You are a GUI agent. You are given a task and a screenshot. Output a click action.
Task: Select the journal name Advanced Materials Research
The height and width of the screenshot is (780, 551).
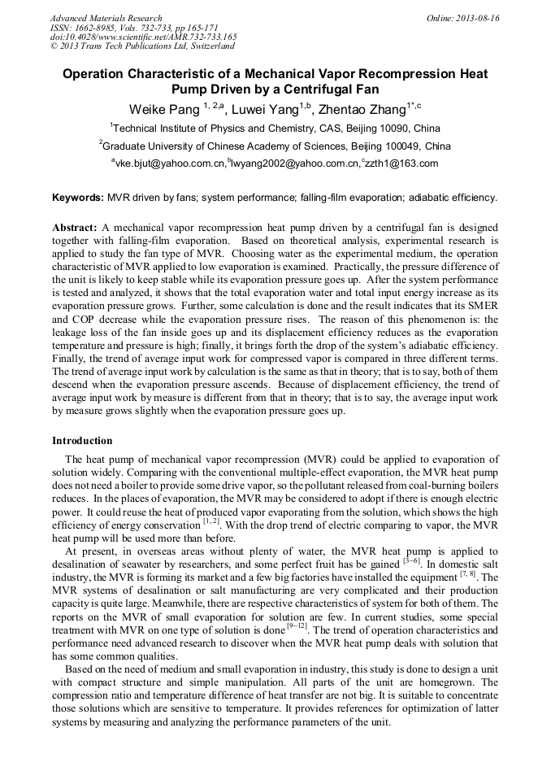pyautogui.click(x=106, y=18)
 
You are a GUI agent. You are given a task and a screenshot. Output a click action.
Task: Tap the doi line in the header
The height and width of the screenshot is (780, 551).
pyautogui.click(x=143, y=37)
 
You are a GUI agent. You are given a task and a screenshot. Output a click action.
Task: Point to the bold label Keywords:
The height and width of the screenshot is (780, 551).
pyautogui.click(x=78, y=198)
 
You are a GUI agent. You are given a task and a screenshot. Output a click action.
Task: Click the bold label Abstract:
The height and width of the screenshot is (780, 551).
pyautogui.click(x=75, y=227)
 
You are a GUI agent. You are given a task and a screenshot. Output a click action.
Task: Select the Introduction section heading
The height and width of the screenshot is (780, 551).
pyautogui.click(x=82, y=441)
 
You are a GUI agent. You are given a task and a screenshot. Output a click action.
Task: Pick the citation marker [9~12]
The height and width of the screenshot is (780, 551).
pyautogui.click(x=293, y=627)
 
